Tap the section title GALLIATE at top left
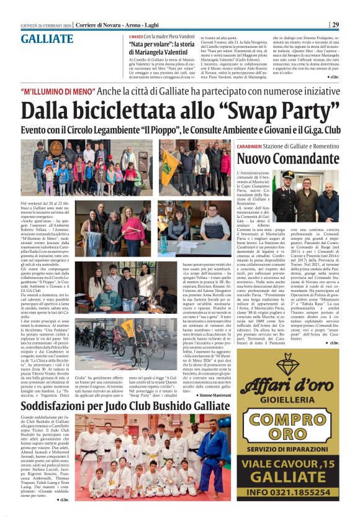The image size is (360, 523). (x=47, y=39)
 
